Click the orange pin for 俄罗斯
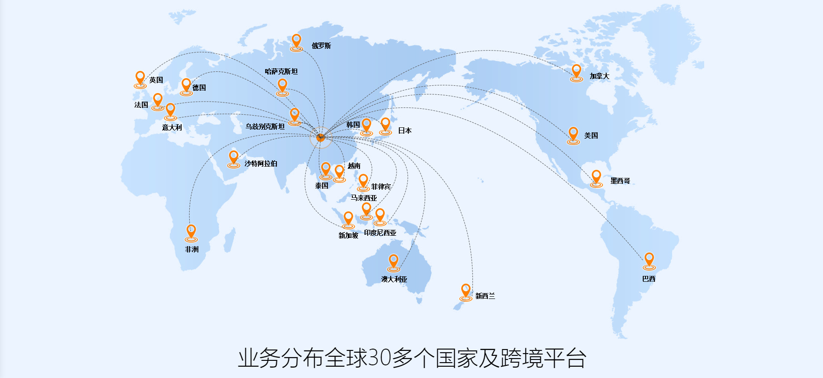tap(296, 42)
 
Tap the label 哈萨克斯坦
tap(281, 71)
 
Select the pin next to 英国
tap(140, 79)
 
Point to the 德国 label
tap(199, 88)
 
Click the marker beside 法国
tap(158, 101)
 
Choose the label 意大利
tap(172, 127)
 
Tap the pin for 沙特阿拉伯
tap(234, 158)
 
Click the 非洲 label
tap(192, 249)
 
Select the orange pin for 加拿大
tap(576, 72)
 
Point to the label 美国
tap(591, 135)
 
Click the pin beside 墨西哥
tap(596, 177)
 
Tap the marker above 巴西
tap(649, 260)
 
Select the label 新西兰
tap(485, 296)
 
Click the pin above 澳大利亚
tap(393, 261)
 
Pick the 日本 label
tap(405, 131)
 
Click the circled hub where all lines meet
tap(320, 137)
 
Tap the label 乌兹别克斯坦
tap(265, 126)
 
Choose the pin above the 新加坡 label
tap(348, 219)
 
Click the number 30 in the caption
tap(380, 358)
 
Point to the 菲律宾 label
tap(381, 187)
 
